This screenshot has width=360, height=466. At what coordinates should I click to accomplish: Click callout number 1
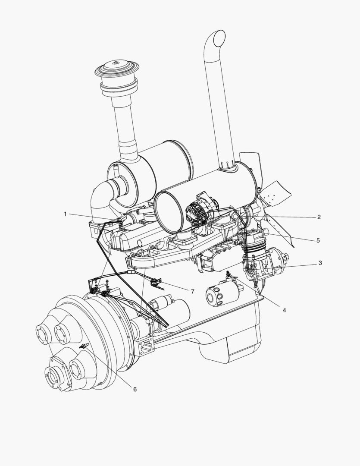pyautogui.click(x=66, y=214)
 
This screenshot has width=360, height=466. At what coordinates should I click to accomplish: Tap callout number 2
pyautogui.click(x=319, y=217)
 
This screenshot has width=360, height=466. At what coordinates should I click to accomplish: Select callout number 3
pyautogui.click(x=320, y=263)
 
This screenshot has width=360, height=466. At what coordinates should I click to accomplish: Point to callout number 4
pyautogui.click(x=284, y=310)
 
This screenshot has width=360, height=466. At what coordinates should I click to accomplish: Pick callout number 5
pyautogui.click(x=318, y=240)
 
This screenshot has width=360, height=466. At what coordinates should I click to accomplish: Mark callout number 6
pyautogui.click(x=135, y=389)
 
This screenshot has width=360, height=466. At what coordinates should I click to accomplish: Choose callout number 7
pyautogui.click(x=192, y=292)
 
